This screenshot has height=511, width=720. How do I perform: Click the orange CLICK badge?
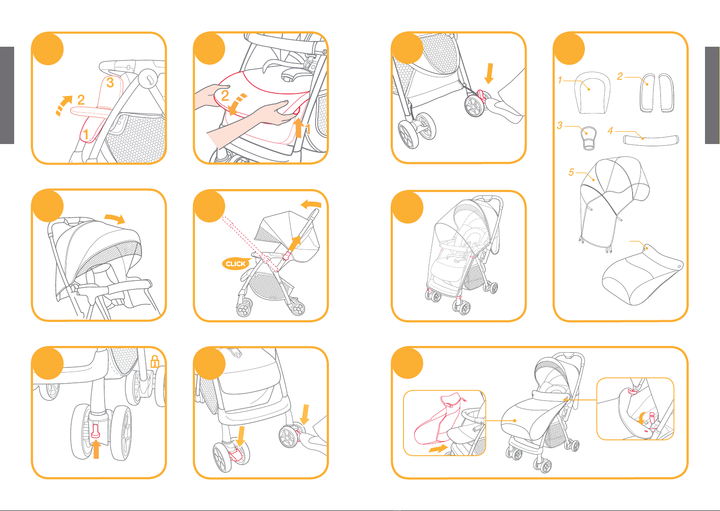pyautogui.click(x=236, y=264)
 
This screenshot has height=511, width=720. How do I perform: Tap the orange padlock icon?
pyautogui.click(x=155, y=361)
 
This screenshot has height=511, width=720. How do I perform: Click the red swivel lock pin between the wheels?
pyautogui.click(x=96, y=431)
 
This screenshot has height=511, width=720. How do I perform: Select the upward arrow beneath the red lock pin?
pyautogui.click(x=96, y=449)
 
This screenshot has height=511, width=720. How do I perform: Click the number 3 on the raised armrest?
pyautogui.click(x=110, y=83)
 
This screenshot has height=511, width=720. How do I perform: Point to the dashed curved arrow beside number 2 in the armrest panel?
pyautogui.click(x=63, y=105)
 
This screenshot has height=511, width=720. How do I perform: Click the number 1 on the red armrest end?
pyautogui.click(x=86, y=134)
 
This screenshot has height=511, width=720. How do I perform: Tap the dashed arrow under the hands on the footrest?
pyautogui.click(x=237, y=104)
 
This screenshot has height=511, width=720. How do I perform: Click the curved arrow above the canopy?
pyautogui.click(x=114, y=219)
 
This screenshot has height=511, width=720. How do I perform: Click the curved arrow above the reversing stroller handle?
pyautogui.click(x=311, y=204)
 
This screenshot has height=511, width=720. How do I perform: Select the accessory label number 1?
pyautogui.click(x=560, y=80)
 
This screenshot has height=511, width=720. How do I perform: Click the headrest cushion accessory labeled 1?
pyautogui.click(x=592, y=93)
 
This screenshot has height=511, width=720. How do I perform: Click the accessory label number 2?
pyautogui.click(x=620, y=76)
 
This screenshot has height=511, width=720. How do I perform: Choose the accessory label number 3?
pyautogui.click(x=560, y=125)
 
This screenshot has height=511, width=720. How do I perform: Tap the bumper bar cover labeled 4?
pyautogui.click(x=651, y=140)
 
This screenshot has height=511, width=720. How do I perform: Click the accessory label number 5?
pyautogui.click(x=571, y=172)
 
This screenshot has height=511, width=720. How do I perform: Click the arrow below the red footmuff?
pyautogui.click(x=438, y=449)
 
